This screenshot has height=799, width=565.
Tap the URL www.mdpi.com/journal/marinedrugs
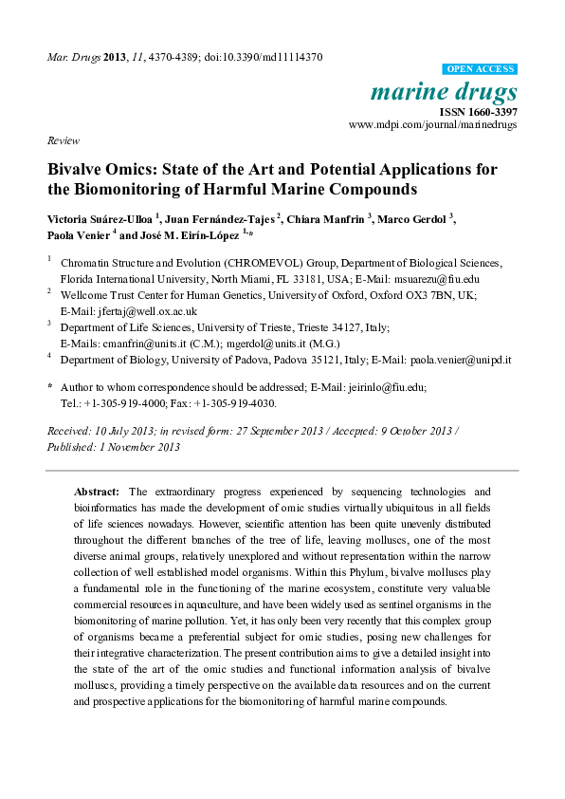[433, 124]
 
